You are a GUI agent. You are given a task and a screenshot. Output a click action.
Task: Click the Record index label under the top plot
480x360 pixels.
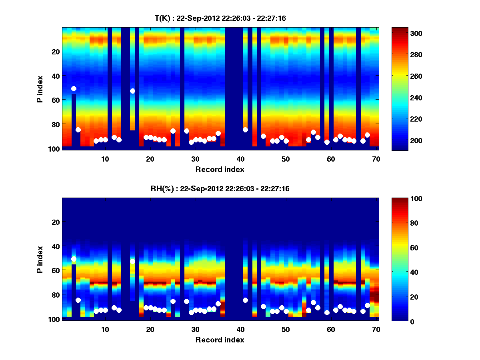[220, 169]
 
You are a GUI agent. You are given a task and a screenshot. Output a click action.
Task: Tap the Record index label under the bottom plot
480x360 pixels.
[220, 340]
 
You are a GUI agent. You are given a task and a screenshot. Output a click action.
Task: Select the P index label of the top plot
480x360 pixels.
[40, 89]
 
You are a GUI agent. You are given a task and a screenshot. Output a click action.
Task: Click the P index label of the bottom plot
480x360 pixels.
[40, 259]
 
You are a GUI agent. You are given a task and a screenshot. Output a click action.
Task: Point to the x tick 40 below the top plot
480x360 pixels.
[241, 159]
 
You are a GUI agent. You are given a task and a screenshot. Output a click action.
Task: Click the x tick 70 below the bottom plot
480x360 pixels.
[376, 329]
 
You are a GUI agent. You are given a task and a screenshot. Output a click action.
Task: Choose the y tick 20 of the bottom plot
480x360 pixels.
[55, 222]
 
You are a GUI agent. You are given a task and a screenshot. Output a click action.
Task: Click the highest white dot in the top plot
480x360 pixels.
[74, 88]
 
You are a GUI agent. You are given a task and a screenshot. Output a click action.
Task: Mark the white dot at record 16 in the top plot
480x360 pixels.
[132, 91]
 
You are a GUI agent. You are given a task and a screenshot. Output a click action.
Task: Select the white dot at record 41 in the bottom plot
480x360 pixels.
[245, 300]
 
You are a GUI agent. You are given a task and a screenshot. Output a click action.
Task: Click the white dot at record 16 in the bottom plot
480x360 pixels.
[132, 261]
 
